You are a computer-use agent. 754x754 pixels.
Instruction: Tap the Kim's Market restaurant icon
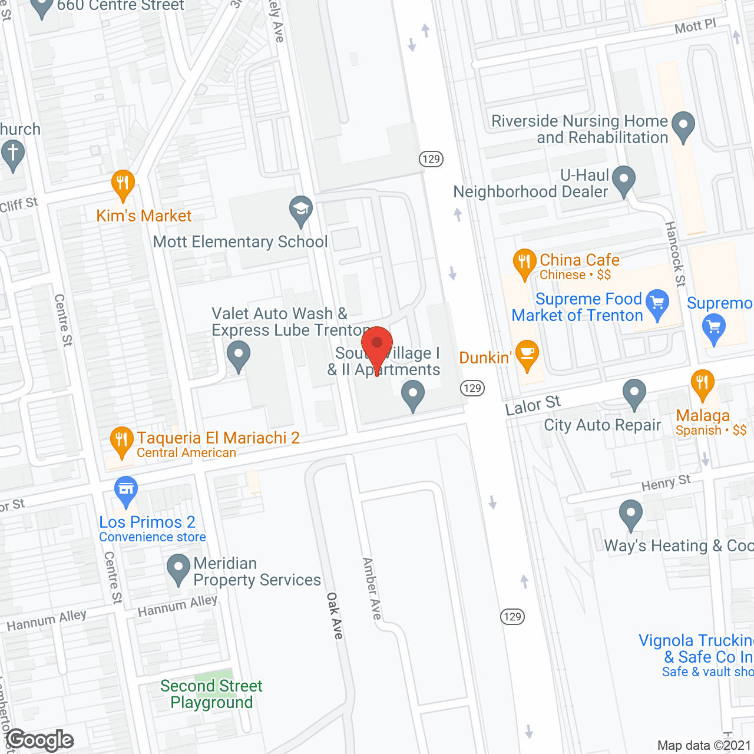(x=123, y=184)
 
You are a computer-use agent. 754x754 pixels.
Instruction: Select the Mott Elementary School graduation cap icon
(x=301, y=209)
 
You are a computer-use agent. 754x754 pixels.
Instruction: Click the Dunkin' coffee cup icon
(x=527, y=353)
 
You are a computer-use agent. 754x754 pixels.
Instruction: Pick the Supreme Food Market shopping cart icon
(x=657, y=303)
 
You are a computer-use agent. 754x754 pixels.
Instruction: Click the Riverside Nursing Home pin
(x=683, y=125)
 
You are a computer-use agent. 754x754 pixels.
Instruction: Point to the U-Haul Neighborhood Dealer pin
(x=624, y=179)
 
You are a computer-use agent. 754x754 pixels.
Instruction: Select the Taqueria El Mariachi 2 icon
(x=122, y=440)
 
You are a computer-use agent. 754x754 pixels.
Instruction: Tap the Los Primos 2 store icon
(x=126, y=490)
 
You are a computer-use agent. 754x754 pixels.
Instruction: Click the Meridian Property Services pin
(x=178, y=568)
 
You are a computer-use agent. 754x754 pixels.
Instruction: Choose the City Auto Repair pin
(x=634, y=392)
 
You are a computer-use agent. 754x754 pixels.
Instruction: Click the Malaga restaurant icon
(x=702, y=383)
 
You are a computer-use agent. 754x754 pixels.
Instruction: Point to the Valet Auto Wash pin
(x=238, y=356)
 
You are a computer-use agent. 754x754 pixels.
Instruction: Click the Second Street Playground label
(x=211, y=694)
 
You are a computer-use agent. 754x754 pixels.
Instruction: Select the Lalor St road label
(x=533, y=405)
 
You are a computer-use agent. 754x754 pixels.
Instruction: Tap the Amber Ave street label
(x=372, y=588)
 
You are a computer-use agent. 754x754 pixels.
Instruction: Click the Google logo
(x=40, y=740)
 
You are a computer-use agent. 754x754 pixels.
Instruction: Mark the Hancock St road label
(x=675, y=254)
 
